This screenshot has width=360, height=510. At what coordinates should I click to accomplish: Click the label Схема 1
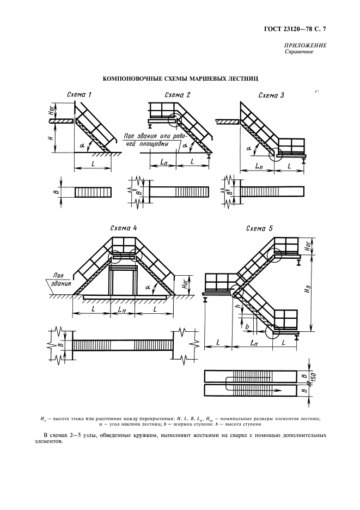pyautogui.click(x=79, y=95)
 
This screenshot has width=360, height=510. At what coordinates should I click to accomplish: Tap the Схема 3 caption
pyautogui.click(x=271, y=95)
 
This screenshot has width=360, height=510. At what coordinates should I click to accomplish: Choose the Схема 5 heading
pyautogui.click(x=259, y=228)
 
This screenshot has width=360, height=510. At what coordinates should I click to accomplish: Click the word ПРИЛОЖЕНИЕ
pyautogui.click(x=305, y=46)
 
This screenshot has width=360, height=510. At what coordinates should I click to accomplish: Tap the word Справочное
pyautogui.click(x=300, y=52)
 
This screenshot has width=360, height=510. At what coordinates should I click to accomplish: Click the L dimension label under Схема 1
pyautogui.click(x=94, y=163)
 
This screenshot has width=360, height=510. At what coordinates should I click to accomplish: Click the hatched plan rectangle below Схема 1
pyautogui.click(x=93, y=192)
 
